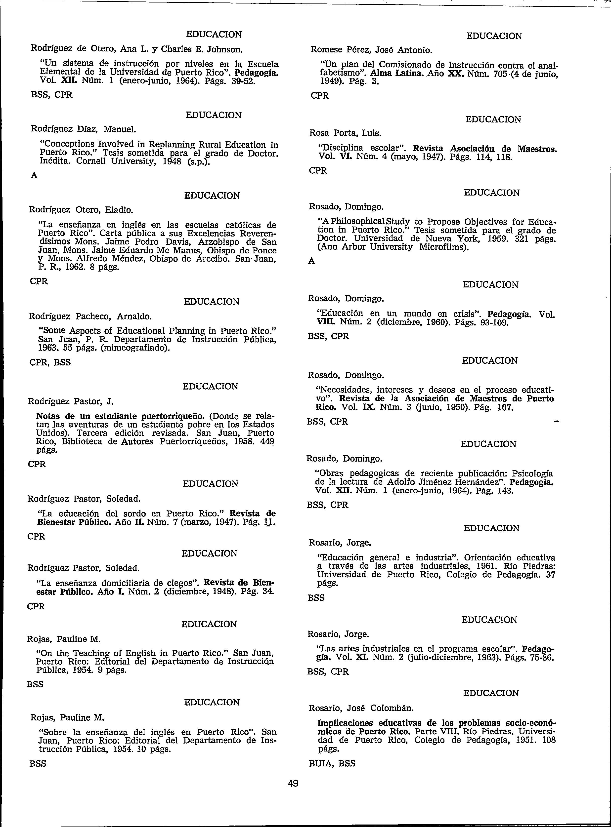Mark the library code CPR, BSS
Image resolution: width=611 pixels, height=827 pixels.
coord(50,362)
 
